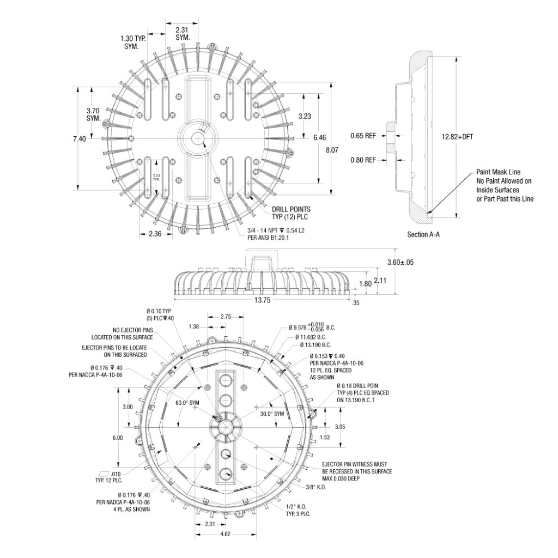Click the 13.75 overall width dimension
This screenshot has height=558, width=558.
pos(262,300)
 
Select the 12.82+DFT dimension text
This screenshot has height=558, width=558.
pos(458,136)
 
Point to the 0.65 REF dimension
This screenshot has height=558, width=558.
pos(363,135)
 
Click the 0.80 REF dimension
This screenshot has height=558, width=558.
pos(363,160)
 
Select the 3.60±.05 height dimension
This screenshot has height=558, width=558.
pos(400,262)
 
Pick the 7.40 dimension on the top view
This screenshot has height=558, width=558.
pos(79,139)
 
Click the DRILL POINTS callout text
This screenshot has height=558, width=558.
pos(291,209)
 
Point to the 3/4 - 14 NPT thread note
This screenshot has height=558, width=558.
pos(275,231)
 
